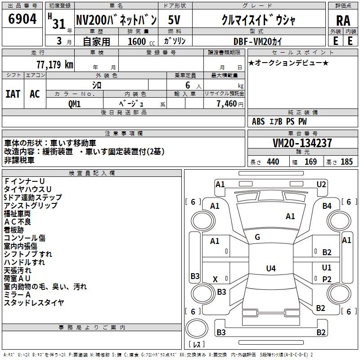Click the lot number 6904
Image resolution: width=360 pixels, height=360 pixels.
coord(23,19)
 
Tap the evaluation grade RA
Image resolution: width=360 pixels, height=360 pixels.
coord(343,21)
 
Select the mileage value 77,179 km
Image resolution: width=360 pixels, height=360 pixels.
coord(54,64)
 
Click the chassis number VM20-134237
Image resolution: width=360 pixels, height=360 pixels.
coord(302,143)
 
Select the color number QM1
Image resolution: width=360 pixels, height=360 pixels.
coord(75,103)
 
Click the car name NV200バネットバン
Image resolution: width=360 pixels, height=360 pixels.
coord(116,20)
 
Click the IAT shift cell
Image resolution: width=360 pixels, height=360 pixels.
coord(13,94)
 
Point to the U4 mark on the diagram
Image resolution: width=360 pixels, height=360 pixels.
coord(270,269)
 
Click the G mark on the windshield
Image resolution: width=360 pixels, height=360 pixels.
coord(257,237)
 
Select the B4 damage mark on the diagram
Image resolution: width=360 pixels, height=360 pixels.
coord(327,206)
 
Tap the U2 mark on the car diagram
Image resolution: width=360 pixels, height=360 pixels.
coord(321,184)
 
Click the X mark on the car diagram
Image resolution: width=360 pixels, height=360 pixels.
coord(215,279)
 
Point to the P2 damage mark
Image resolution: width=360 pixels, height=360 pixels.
coord(327,279)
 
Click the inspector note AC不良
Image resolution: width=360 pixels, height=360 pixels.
coord(18,221)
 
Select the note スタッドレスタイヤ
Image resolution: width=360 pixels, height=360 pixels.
coord(34,303)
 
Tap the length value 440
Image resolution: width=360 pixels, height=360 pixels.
coord(273,162)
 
